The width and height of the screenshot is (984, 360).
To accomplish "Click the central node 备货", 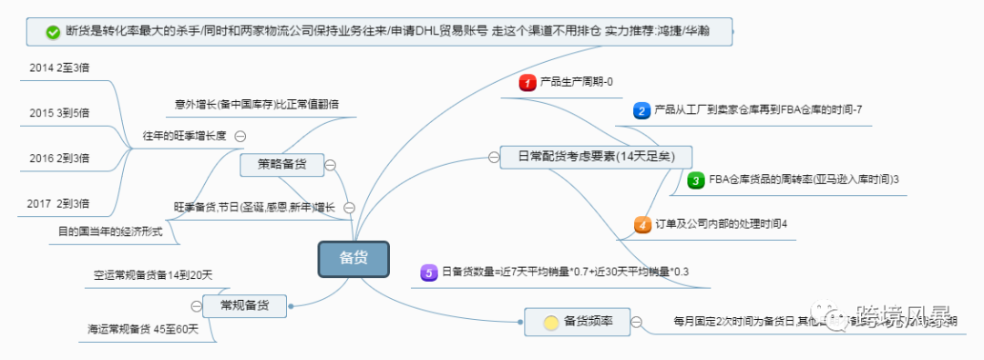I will tap(354, 259).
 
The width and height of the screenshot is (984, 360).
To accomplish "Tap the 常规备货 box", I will tap(245, 305).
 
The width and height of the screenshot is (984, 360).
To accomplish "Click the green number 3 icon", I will tap(695, 180).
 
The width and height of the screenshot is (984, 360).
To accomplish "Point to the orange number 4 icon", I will tap(642, 223).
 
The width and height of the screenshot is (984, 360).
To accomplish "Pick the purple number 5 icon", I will tap(428, 272).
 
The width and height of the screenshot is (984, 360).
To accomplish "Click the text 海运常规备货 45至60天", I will tap(143, 328).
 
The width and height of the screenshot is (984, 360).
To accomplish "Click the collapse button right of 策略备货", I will tap(330, 165).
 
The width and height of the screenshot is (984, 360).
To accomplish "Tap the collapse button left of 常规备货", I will tap(197, 305).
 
